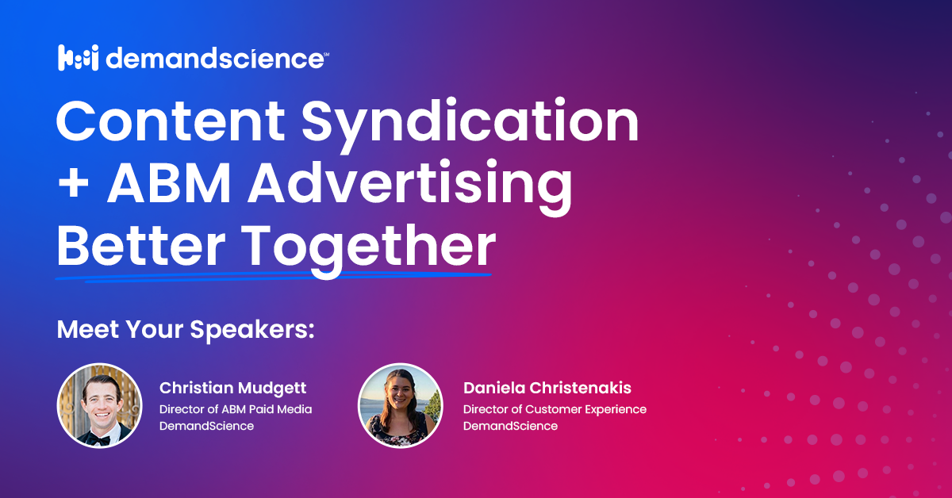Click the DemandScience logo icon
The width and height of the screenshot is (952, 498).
click(78, 58)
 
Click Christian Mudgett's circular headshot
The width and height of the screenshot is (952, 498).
click(99, 404)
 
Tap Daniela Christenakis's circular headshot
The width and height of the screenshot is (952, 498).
click(400, 404)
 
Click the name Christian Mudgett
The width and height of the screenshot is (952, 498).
click(232, 389)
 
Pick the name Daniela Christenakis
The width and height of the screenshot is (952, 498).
click(547, 389)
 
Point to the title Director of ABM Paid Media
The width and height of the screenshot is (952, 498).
click(236, 409)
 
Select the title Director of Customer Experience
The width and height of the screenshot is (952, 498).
click(555, 409)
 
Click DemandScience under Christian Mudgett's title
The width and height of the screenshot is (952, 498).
click(206, 426)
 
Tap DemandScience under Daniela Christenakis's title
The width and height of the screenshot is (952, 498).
click(510, 426)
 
